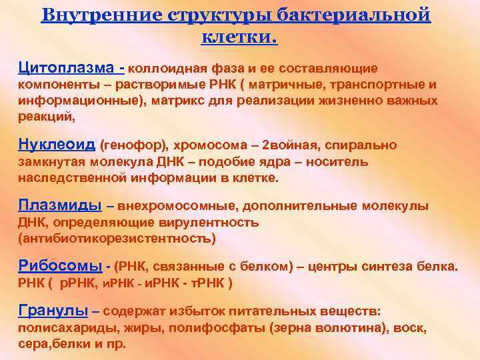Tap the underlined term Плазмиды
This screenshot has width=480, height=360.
[x=60, y=205]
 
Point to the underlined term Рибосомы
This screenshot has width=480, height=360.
[x=60, y=266]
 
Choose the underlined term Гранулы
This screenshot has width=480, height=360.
[x=53, y=310]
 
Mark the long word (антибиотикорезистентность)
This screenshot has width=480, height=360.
[x=117, y=238]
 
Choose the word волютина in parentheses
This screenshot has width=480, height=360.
[x=345, y=328]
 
